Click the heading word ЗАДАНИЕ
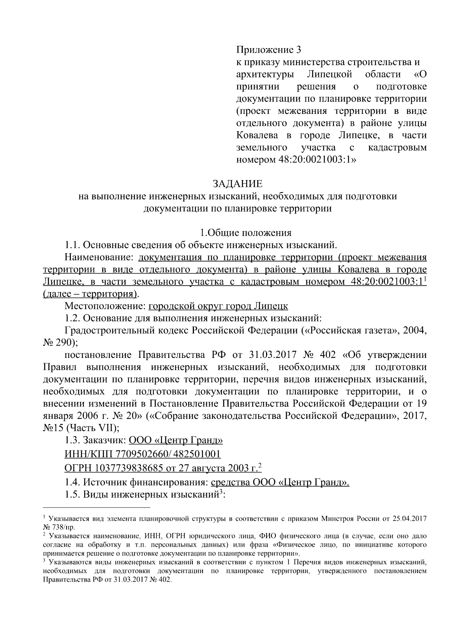pos(238,184)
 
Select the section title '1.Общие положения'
pos(245,233)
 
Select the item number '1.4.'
pos(73,482)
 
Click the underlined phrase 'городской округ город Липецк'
pos(218,306)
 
